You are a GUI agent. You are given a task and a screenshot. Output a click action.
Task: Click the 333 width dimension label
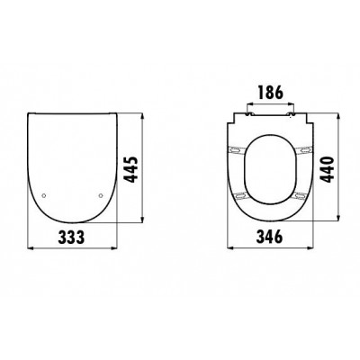72,238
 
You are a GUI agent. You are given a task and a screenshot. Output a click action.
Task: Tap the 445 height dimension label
130,169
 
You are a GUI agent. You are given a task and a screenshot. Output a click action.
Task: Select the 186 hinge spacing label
270,93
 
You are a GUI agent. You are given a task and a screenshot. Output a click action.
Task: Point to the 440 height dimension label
327,169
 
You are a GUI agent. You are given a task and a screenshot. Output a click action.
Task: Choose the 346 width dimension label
269,237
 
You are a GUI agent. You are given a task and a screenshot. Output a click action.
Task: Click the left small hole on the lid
44,195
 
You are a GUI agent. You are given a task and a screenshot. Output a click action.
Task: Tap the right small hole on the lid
101,195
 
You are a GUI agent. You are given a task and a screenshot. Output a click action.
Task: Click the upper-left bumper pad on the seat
237,149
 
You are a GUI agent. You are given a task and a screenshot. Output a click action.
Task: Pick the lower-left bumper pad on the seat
241,196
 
